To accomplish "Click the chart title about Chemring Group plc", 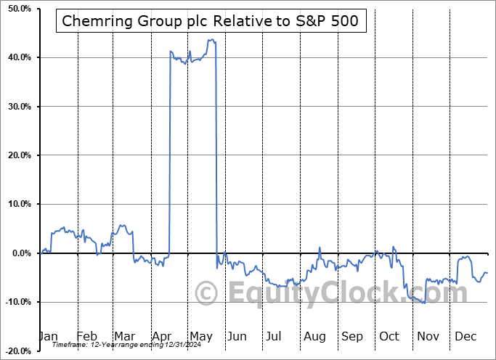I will [210, 21].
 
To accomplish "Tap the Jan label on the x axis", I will [48, 336].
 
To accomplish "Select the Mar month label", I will [124, 336].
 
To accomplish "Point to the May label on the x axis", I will [200, 336].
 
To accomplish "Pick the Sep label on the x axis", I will [352, 336].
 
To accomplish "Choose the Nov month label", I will [428, 336].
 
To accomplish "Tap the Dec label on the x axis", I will [465, 336].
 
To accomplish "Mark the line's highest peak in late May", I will [211, 39].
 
